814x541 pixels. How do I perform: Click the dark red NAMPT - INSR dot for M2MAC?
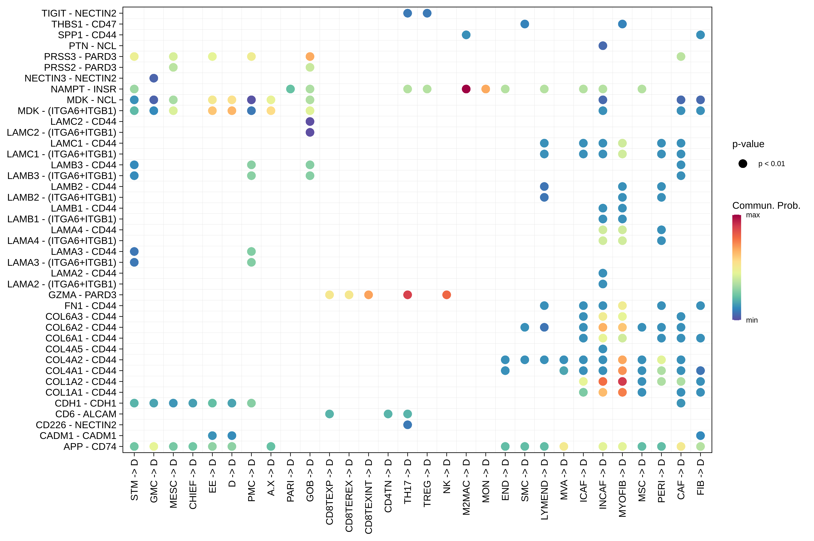[x=466, y=89]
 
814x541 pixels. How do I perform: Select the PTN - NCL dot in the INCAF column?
[x=602, y=46]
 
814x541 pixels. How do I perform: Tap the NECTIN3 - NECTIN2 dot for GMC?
[x=153, y=78]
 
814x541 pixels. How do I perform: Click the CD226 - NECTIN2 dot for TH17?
[x=407, y=425]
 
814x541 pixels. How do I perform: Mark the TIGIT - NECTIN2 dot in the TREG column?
[x=427, y=13]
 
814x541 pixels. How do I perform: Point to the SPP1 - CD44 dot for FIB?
[x=700, y=35]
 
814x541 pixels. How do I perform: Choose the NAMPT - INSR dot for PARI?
[x=290, y=89]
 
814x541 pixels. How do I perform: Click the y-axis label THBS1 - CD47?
[x=84, y=24]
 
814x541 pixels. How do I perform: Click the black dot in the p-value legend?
[x=743, y=163]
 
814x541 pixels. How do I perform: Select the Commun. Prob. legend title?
[x=766, y=206]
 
